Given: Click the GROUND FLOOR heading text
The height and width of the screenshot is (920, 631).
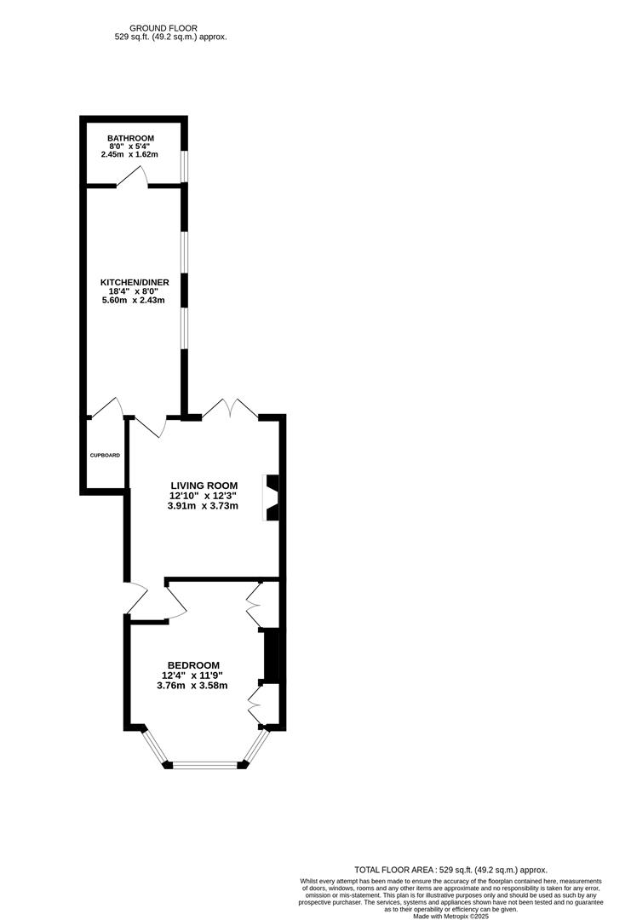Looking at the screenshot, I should (169, 27).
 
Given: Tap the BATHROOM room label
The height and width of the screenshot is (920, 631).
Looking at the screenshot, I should (130, 138).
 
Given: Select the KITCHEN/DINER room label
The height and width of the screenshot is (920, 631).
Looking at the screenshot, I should (135, 282).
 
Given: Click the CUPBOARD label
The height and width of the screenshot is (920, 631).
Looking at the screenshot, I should (105, 455).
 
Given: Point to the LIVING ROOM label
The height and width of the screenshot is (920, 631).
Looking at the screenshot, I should (204, 486).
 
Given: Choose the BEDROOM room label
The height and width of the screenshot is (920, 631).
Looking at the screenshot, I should (193, 665).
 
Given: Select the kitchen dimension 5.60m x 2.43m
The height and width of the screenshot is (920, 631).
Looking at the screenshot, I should (133, 300).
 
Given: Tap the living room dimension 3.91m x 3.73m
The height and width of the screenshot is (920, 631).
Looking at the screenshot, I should (203, 505).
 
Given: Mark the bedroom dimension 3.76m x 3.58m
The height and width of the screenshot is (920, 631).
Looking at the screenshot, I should (192, 685).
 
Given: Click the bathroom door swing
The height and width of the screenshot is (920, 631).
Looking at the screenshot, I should (133, 176).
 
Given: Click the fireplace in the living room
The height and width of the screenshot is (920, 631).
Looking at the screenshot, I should (272, 497).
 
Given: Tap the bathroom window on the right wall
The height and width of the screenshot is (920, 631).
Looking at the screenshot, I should (184, 165).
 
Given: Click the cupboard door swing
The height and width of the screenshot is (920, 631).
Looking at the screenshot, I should (107, 408).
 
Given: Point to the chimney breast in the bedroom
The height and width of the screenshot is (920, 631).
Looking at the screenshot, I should (272, 655).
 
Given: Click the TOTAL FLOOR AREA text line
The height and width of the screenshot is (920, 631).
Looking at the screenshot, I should (450, 870).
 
